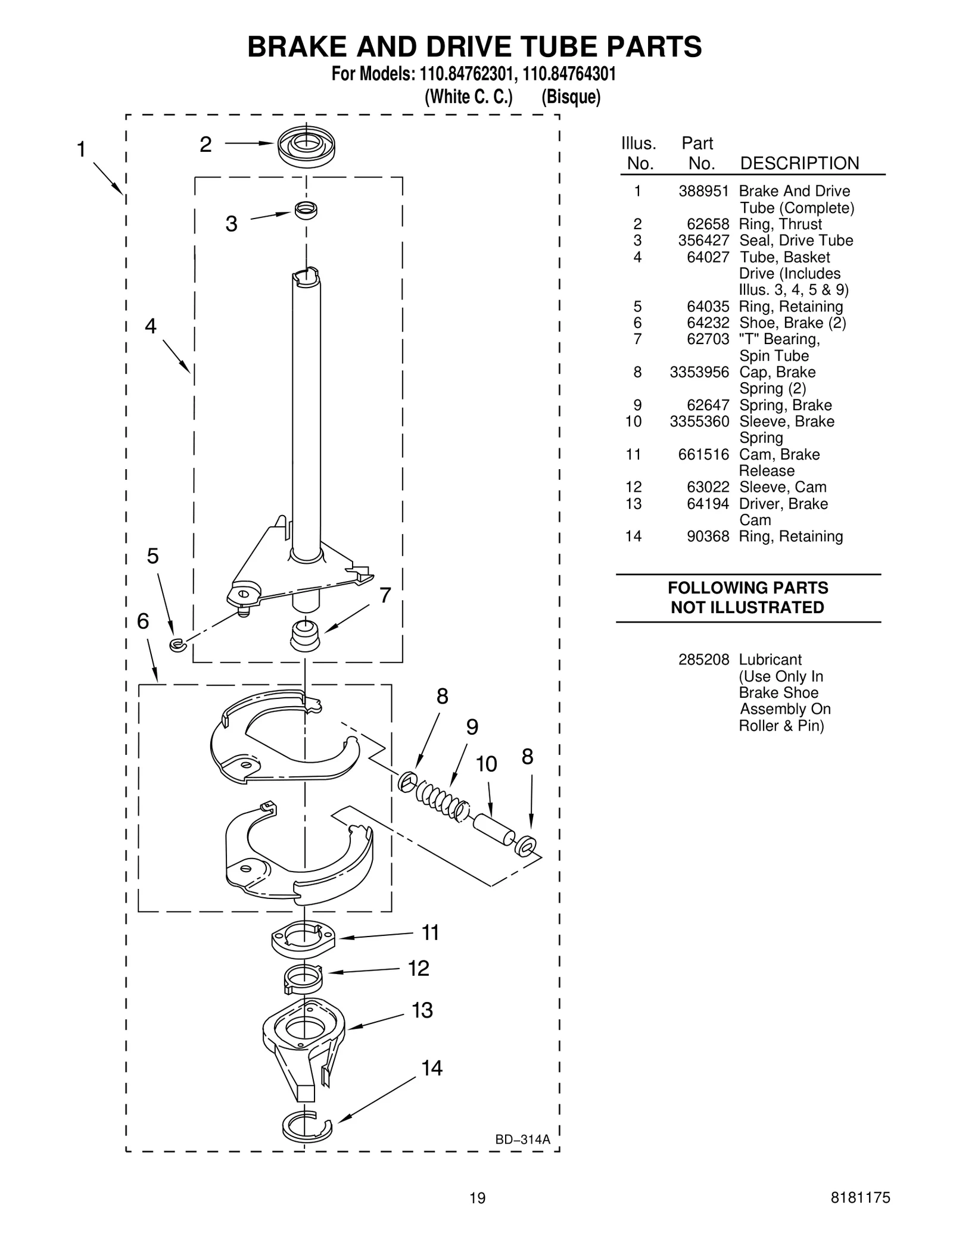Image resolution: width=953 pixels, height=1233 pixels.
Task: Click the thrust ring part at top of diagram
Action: coord(306,146)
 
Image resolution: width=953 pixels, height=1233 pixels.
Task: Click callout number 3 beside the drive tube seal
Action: coord(231,224)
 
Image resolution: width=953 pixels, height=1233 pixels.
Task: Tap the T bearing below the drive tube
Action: coord(305,636)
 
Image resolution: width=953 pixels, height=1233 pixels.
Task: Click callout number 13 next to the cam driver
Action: coord(422,1010)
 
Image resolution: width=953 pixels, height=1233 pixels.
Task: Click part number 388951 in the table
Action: coord(703,191)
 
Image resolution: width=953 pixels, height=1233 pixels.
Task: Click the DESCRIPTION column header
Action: coord(799,163)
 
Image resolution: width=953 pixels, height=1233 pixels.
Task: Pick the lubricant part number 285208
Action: coord(703,660)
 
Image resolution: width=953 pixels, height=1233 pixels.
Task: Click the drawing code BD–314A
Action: coord(522,1140)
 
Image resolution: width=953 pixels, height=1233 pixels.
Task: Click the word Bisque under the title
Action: coord(571,97)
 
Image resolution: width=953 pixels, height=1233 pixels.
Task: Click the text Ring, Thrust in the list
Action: coord(780,224)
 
